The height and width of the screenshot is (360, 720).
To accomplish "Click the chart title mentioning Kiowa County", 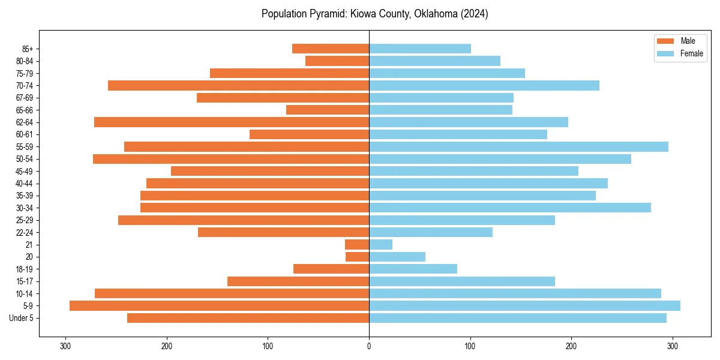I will (x=374, y=14).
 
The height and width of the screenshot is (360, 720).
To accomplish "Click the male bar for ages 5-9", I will (x=219, y=305).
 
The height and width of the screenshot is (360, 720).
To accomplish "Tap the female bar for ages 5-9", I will (x=524, y=305).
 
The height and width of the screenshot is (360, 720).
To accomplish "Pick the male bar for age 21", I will (x=357, y=244).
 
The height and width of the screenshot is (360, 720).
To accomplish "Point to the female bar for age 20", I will (x=397, y=257).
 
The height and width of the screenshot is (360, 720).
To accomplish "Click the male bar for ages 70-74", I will (x=238, y=85).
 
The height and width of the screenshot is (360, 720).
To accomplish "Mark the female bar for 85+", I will (x=420, y=49).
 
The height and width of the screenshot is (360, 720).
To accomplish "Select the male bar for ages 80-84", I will (x=337, y=61).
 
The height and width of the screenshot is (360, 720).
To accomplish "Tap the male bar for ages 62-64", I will (x=232, y=122).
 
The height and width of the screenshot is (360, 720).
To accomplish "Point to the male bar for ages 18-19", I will (x=331, y=269).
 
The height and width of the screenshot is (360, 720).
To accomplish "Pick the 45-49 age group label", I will (x=25, y=171).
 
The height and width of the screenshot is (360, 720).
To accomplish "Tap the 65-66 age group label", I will (x=25, y=110).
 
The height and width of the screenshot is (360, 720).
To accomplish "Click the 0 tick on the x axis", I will (x=369, y=346).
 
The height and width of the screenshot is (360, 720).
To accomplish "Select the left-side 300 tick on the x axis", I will (x=66, y=346).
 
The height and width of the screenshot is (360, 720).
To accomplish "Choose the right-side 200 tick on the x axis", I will (x=572, y=346).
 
